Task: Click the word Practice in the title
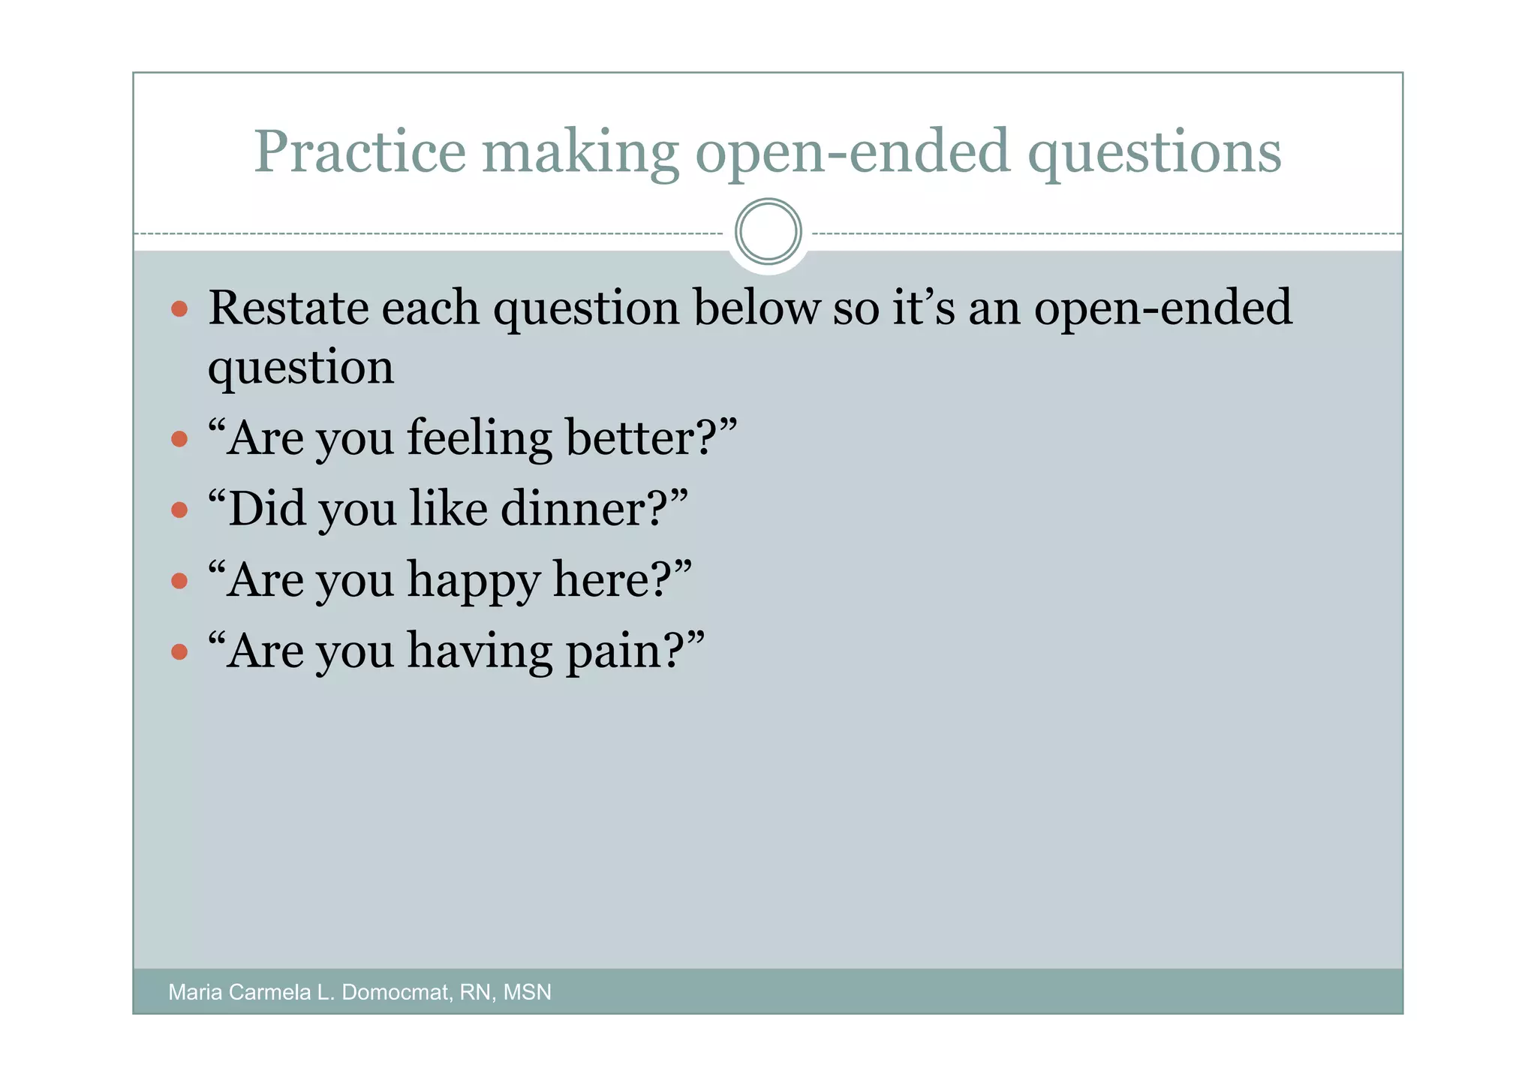(x=359, y=152)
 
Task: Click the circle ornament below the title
(x=768, y=231)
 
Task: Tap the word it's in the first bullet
(x=923, y=308)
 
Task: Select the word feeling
(x=479, y=439)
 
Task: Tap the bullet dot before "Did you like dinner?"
(x=179, y=510)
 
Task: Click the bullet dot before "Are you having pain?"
(x=179, y=651)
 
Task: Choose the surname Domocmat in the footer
(x=395, y=992)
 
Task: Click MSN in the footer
(x=527, y=992)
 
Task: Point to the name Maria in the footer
(x=195, y=992)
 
